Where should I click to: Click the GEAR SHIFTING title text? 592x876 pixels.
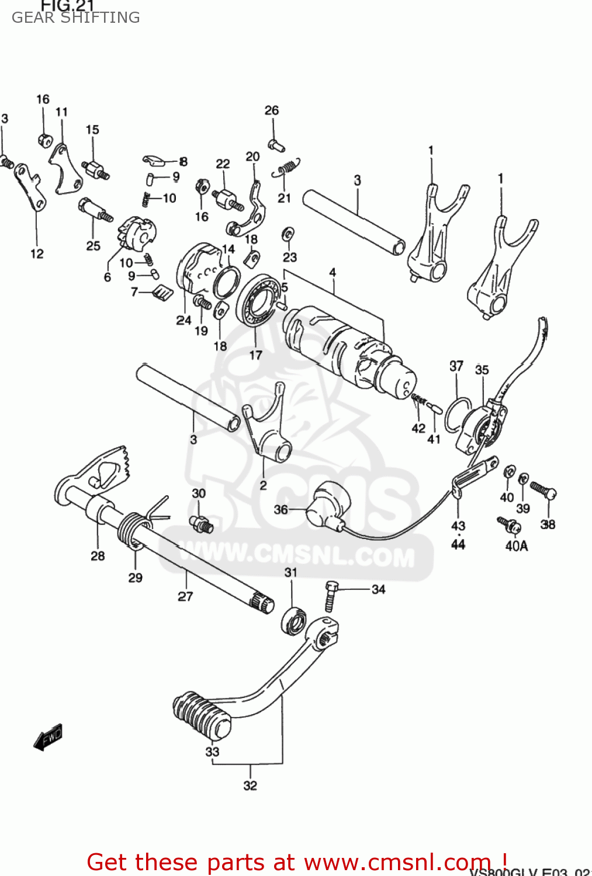75,18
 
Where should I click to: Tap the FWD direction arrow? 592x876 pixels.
48,737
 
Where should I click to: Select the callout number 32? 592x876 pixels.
250,785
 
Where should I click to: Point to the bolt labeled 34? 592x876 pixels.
331,595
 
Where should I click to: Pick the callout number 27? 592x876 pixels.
185,596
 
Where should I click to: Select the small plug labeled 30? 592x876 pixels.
201,523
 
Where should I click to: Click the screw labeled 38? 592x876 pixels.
543,489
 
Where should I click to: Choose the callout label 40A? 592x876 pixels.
517,546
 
